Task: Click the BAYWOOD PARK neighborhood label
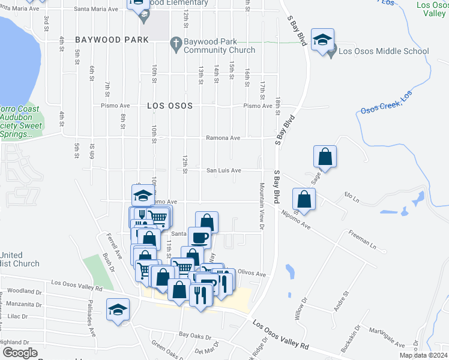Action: click(112, 40)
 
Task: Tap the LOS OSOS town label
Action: click(170, 106)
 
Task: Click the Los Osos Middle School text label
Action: click(384, 51)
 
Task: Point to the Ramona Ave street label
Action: click(223, 138)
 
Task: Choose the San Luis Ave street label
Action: click(224, 170)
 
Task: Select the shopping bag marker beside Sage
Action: click(325, 157)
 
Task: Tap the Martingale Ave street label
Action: click(387, 337)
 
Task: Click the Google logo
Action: click(20, 353)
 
